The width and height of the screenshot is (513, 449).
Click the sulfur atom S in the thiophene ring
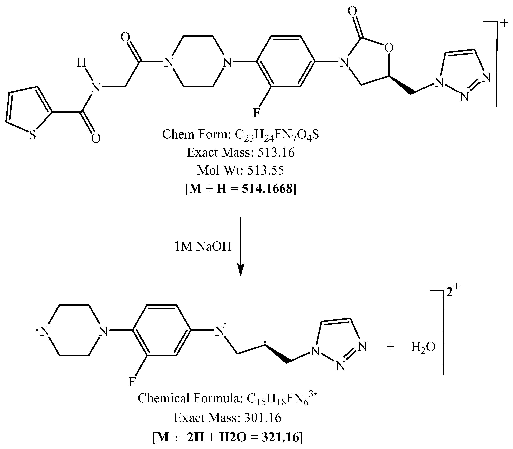pyautogui.click(x=33, y=136)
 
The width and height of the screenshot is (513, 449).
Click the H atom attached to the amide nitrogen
pyautogui.click(x=81, y=62)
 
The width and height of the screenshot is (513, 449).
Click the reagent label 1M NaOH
pyautogui.click(x=203, y=247)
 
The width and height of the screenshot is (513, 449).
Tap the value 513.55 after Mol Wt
pyautogui.click(x=266, y=171)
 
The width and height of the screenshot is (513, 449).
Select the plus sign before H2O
pyautogui.click(x=390, y=347)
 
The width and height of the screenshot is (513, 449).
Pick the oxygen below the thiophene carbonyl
pyautogui.click(x=96, y=139)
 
